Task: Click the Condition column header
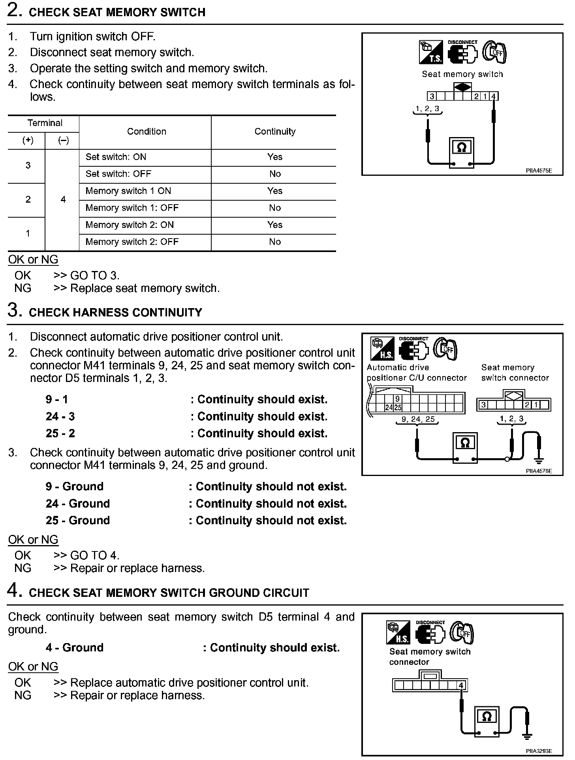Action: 147,132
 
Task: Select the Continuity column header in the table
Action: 275,132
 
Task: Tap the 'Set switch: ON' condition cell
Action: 116,157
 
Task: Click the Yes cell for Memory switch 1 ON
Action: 275,191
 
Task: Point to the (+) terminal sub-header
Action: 28,141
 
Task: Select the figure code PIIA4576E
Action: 539,471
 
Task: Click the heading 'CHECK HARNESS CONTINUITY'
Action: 115,313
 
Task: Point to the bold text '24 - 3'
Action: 60,417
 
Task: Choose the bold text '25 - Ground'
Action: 77,521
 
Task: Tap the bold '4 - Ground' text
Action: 74,648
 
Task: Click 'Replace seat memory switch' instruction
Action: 145,288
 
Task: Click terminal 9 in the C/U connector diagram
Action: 397,399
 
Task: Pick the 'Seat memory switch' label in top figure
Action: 462,74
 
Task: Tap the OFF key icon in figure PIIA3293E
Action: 462,633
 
